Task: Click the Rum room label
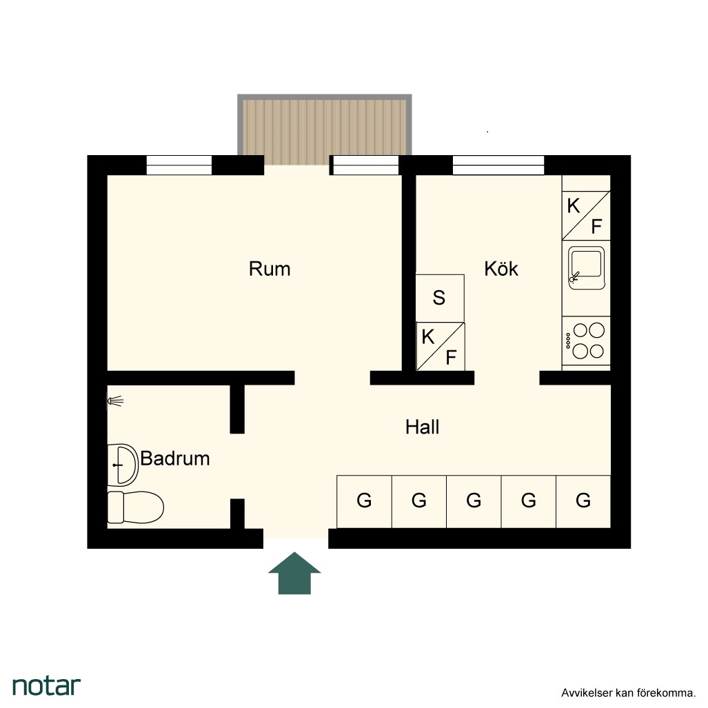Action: [x=270, y=269]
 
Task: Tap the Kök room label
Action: [x=501, y=269]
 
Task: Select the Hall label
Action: [x=422, y=427]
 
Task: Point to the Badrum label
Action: [x=175, y=458]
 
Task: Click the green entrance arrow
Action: [x=294, y=573]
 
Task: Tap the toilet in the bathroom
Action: [x=135, y=507]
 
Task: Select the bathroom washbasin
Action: [x=122, y=465]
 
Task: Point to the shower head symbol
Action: [x=115, y=401]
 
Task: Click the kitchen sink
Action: [x=586, y=267]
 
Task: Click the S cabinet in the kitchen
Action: [x=440, y=299]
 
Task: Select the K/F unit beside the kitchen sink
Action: [x=586, y=216]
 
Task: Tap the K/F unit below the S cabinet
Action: [x=441, y=347]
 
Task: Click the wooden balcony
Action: [x=325, y=130]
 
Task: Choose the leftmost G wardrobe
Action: [x=365, y=501]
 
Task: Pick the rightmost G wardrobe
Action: [x=583, y=501]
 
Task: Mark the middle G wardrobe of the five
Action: [x=474, y=501]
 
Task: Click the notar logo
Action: [x=46, y=686]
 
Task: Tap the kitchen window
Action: [x=498, y=165]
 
